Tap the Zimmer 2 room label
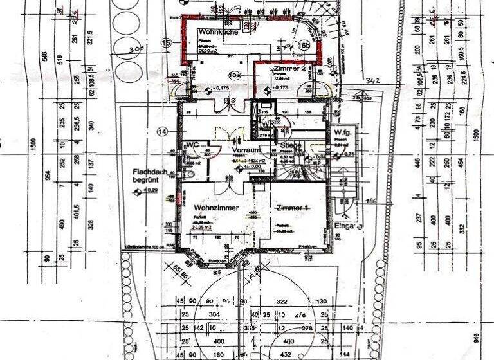click(288, 68)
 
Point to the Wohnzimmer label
click(215, 208)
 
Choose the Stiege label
click(291, 145)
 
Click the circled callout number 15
click(167, 43)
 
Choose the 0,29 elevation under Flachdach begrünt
click(151, 191)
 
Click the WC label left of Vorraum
click(192, 145)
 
